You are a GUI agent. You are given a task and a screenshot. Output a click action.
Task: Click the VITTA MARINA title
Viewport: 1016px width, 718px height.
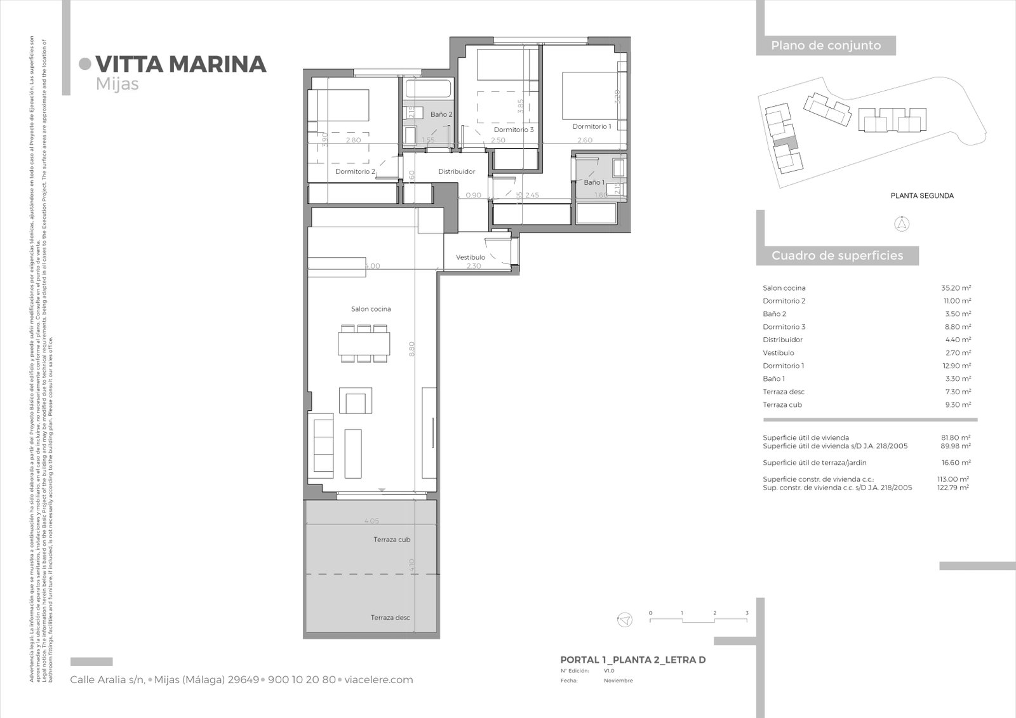180,64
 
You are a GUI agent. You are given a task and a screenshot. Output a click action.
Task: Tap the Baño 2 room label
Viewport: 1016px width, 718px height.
441,114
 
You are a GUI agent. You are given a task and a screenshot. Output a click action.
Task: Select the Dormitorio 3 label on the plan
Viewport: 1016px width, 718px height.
514,130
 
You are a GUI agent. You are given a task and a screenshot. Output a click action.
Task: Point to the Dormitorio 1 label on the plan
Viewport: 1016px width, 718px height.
591,126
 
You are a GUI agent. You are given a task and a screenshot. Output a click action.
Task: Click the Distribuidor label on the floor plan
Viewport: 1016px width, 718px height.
457,171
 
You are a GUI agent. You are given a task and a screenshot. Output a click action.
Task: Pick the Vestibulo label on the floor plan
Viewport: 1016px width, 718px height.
471,257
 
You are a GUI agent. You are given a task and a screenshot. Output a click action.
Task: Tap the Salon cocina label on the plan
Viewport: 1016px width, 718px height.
371,309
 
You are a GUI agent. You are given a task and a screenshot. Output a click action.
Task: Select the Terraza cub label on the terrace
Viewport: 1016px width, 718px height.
392,540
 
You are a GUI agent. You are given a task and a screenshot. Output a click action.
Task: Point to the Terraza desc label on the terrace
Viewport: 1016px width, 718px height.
391,618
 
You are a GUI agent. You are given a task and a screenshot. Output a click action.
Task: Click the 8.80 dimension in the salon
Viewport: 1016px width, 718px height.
411,349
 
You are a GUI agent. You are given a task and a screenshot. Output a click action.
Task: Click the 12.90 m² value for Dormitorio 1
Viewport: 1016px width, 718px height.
956,366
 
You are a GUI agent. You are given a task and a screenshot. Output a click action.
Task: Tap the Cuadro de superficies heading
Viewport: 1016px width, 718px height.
837,256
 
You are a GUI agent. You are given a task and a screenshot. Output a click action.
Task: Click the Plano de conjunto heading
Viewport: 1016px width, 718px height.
825,46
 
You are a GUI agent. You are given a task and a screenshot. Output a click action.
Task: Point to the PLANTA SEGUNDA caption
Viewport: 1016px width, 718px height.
921,196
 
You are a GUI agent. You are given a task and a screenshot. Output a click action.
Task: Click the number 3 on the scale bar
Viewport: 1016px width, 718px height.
747,613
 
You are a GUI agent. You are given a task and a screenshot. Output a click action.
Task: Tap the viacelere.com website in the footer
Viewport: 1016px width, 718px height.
378,680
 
